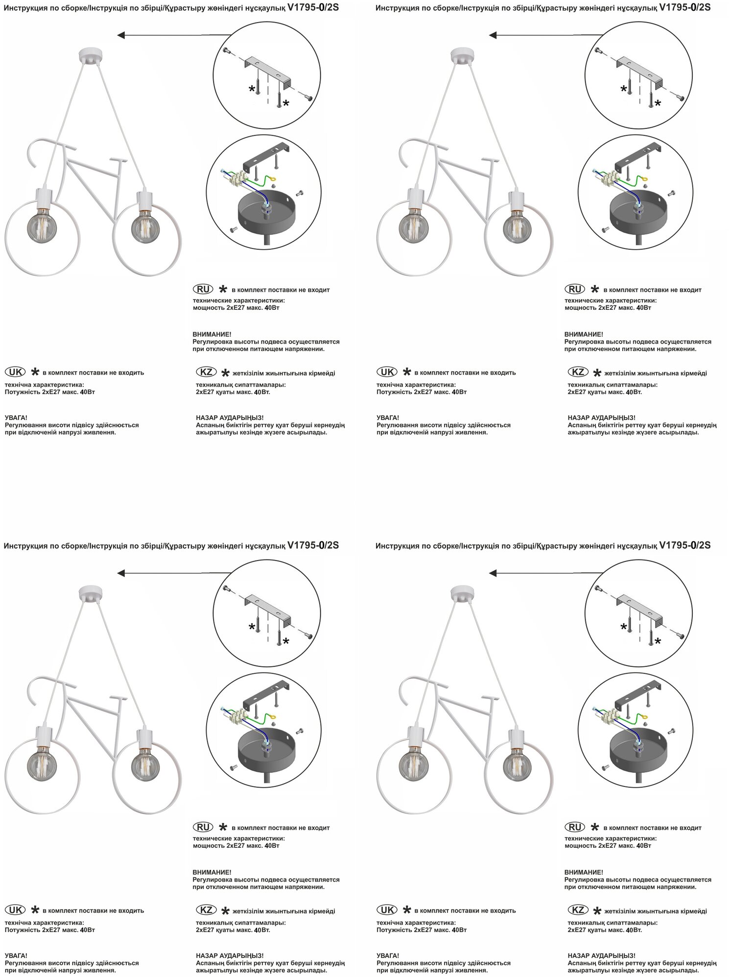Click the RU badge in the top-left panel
point(203,289)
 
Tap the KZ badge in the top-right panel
point(578,372)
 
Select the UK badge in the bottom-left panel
point(15,910)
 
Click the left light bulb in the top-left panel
point(42,226)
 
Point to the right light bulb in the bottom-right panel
point(517,765)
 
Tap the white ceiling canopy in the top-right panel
point(461,55)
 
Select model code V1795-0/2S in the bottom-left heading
point(313,545)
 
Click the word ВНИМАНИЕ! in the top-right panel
point(584,334)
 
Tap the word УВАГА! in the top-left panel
point(16,418)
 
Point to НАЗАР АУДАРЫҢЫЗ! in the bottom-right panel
point(601,956)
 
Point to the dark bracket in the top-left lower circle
point(268,156)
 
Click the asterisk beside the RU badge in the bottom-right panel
point(595,827)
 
